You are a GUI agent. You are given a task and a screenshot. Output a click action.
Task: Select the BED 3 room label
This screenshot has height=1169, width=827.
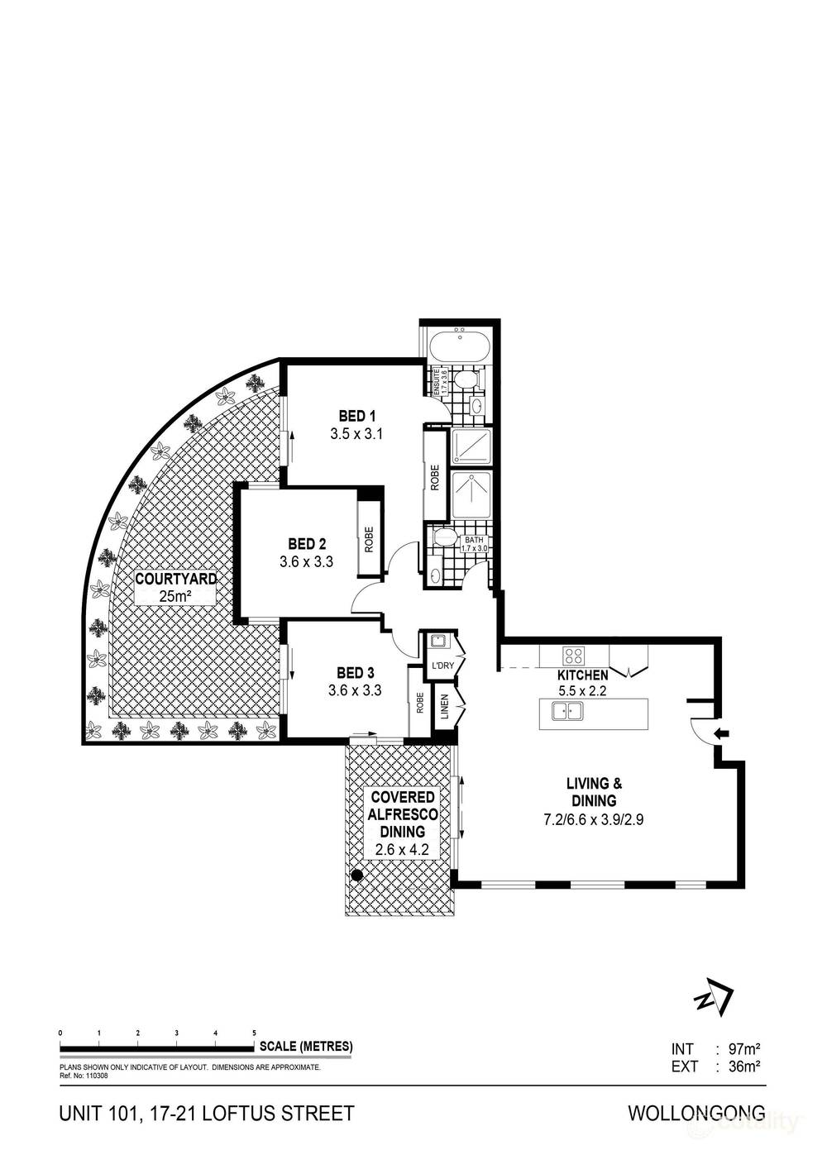[356, 673]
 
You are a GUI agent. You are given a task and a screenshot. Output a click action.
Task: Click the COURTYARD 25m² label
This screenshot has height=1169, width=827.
[175, 587]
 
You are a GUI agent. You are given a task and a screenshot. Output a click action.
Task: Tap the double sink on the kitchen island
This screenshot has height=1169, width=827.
[568, 710]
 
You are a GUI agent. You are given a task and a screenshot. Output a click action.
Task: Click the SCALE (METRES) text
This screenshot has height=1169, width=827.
[306, 1046]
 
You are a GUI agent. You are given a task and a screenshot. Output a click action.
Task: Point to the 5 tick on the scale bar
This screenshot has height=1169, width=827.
[254, 1034]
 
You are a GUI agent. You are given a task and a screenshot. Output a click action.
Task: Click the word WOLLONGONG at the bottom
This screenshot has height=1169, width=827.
[696, 1113]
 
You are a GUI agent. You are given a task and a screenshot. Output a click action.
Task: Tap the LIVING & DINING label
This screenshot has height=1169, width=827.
[593, 791]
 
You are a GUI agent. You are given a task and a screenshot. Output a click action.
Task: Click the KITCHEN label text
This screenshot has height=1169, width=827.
[582, 675]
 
